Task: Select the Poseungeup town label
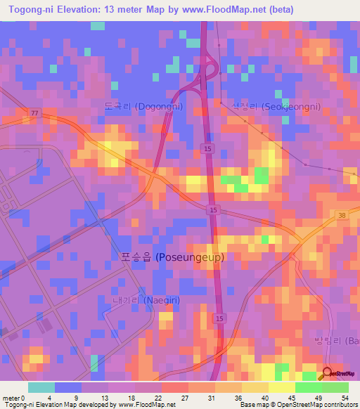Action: coord(176,257)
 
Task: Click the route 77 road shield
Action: coord(34,112)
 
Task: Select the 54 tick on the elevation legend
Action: coord(345,398)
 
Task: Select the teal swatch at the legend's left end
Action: coord(41,387)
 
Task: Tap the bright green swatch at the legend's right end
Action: coord(335,387)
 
